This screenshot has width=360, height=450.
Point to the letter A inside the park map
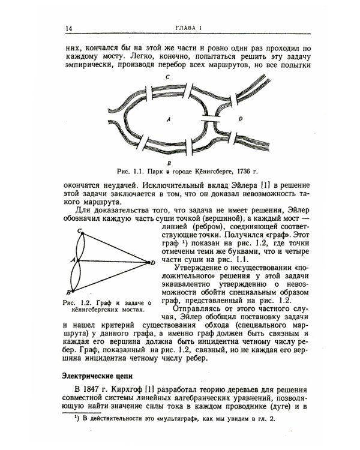click(169, 120)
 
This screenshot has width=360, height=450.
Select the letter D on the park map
click(240, 119)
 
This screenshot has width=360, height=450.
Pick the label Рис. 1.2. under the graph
click(76, 303)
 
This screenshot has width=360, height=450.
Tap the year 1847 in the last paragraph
click(92, 391)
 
